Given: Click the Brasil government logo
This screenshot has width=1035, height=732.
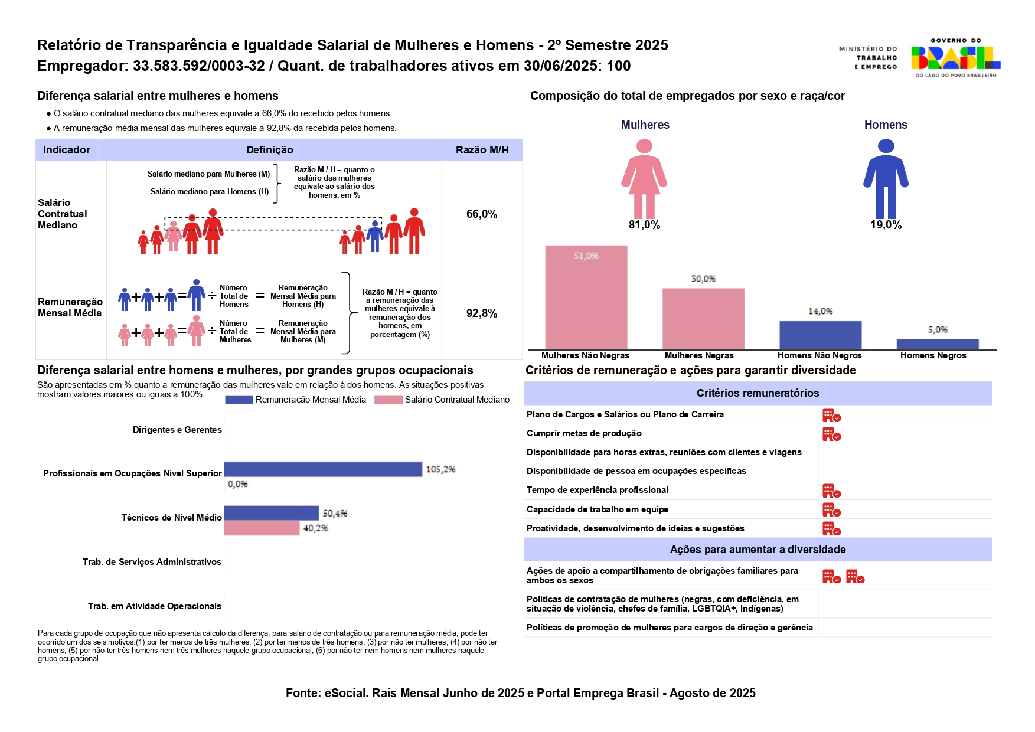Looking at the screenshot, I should coord(955,58).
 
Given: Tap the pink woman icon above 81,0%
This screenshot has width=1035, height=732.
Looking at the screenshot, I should coord(644,178).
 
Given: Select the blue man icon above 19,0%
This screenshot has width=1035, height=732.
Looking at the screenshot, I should coord(886,178).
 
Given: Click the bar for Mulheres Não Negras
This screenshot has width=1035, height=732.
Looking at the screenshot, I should coord(586,297).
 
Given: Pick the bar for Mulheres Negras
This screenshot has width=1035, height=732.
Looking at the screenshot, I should coord(703,318).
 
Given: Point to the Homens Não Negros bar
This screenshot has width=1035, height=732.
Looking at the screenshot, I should coord(820,335).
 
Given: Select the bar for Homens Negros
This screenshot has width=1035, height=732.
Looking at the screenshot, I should coord(938,344).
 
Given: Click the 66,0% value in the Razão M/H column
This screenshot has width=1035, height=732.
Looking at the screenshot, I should coord(482,214).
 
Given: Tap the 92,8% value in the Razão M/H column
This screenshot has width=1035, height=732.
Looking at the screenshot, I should coord(482,313).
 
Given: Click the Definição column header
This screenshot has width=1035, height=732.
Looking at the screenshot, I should coord(269,150).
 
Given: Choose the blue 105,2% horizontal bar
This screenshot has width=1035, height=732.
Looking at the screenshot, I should coord(323,469).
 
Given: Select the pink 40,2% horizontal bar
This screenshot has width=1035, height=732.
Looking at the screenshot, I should coord(262,528).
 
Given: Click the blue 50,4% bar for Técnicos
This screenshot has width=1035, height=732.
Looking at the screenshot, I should coord(271,513).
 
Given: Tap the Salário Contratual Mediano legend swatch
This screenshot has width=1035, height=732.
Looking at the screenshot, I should coord(388,400).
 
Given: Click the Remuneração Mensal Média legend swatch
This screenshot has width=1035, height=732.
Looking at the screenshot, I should coord(239,400).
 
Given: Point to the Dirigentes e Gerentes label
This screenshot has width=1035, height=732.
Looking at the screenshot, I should coord(177,430).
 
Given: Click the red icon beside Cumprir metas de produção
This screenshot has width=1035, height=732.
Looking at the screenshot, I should coord(831,434).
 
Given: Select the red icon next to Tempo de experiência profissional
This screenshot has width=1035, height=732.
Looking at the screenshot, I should coord(831,491).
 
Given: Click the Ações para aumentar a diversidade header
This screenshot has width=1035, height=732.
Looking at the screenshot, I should coord(758,550).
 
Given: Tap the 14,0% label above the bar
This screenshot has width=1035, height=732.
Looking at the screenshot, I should coord(820,311).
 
